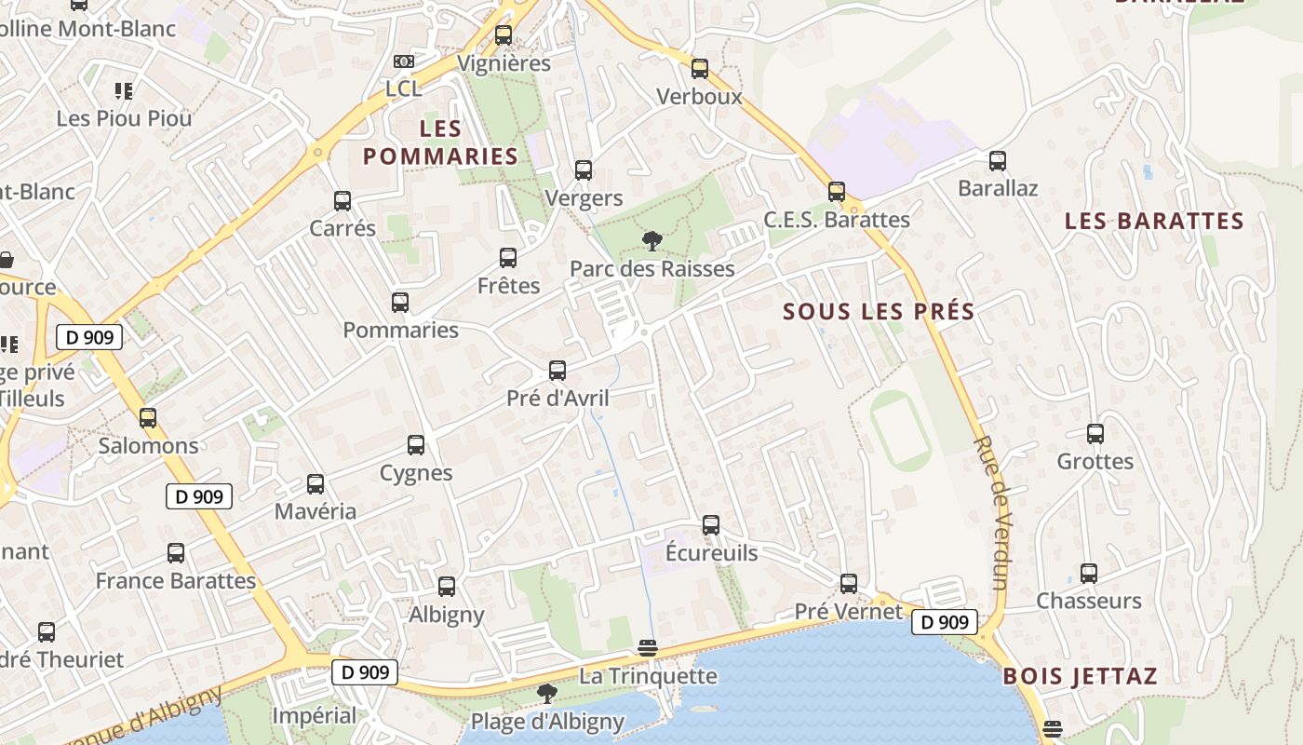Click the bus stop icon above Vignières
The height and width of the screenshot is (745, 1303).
[504, 35]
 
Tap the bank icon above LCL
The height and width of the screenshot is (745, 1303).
[403, 61]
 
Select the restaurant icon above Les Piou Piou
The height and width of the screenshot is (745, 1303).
[124, 90]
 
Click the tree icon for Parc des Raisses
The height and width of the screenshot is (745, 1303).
[651, 241]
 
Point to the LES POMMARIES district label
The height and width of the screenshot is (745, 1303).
[440, 142]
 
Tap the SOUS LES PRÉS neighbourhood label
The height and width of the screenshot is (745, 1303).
[879, 311]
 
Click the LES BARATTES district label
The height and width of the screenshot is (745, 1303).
[1154, 221]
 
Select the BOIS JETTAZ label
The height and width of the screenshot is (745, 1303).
[1080, 676]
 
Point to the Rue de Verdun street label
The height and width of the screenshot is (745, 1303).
[992, 511]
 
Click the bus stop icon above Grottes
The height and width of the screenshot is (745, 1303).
[1095, 433]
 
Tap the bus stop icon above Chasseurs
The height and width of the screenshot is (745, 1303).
[1089, 573]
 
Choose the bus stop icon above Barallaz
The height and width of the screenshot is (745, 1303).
[998, 160]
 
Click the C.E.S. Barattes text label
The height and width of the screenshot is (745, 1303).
[837, 220]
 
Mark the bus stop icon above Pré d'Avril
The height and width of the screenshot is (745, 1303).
[557, 371]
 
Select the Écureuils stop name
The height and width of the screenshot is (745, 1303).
[712, 553]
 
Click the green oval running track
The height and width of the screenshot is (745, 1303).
[900, 430]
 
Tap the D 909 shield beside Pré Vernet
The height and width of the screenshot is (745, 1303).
[945, 622]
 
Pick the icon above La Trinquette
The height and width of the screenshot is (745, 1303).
[648, 648]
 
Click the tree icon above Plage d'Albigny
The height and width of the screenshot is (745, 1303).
[547, 693]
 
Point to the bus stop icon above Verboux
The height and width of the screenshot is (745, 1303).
[700, 68]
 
